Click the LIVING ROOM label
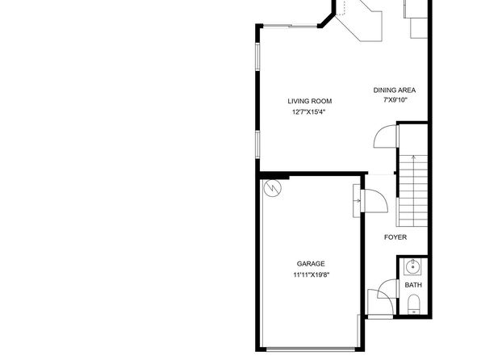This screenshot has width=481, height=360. pyautogui.click(x=310, y=101)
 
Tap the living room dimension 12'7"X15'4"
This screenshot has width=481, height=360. pyautogui.click(x=308, y=112)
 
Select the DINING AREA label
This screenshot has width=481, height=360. pyautogui.click(x=395, y=90)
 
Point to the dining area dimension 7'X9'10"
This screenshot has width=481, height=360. pyautogui.click(x=395, y=100)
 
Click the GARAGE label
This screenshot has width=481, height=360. pyautogui.click(x=311, y=264)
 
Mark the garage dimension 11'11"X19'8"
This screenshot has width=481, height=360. pyautogui.click(x=311, y=274)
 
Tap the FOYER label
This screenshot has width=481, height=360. pyautogui.click(x=395, y=237)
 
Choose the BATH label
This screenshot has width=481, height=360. pyautogui.click(x=413, y=285)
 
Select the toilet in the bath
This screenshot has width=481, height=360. pyautogui.click(x=414, y=304)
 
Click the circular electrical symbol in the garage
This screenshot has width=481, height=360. pyautogui.click(x=273, y=187)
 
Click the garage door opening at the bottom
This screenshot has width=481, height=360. pyautogui.click(x=311, y=349)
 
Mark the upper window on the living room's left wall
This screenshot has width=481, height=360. pyautogui.click(x=257, y=57)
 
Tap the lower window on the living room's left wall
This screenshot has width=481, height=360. pyautogui.click(x=257, y=144)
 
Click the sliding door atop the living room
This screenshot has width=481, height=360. pyautogui.click(x=291, y=26)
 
